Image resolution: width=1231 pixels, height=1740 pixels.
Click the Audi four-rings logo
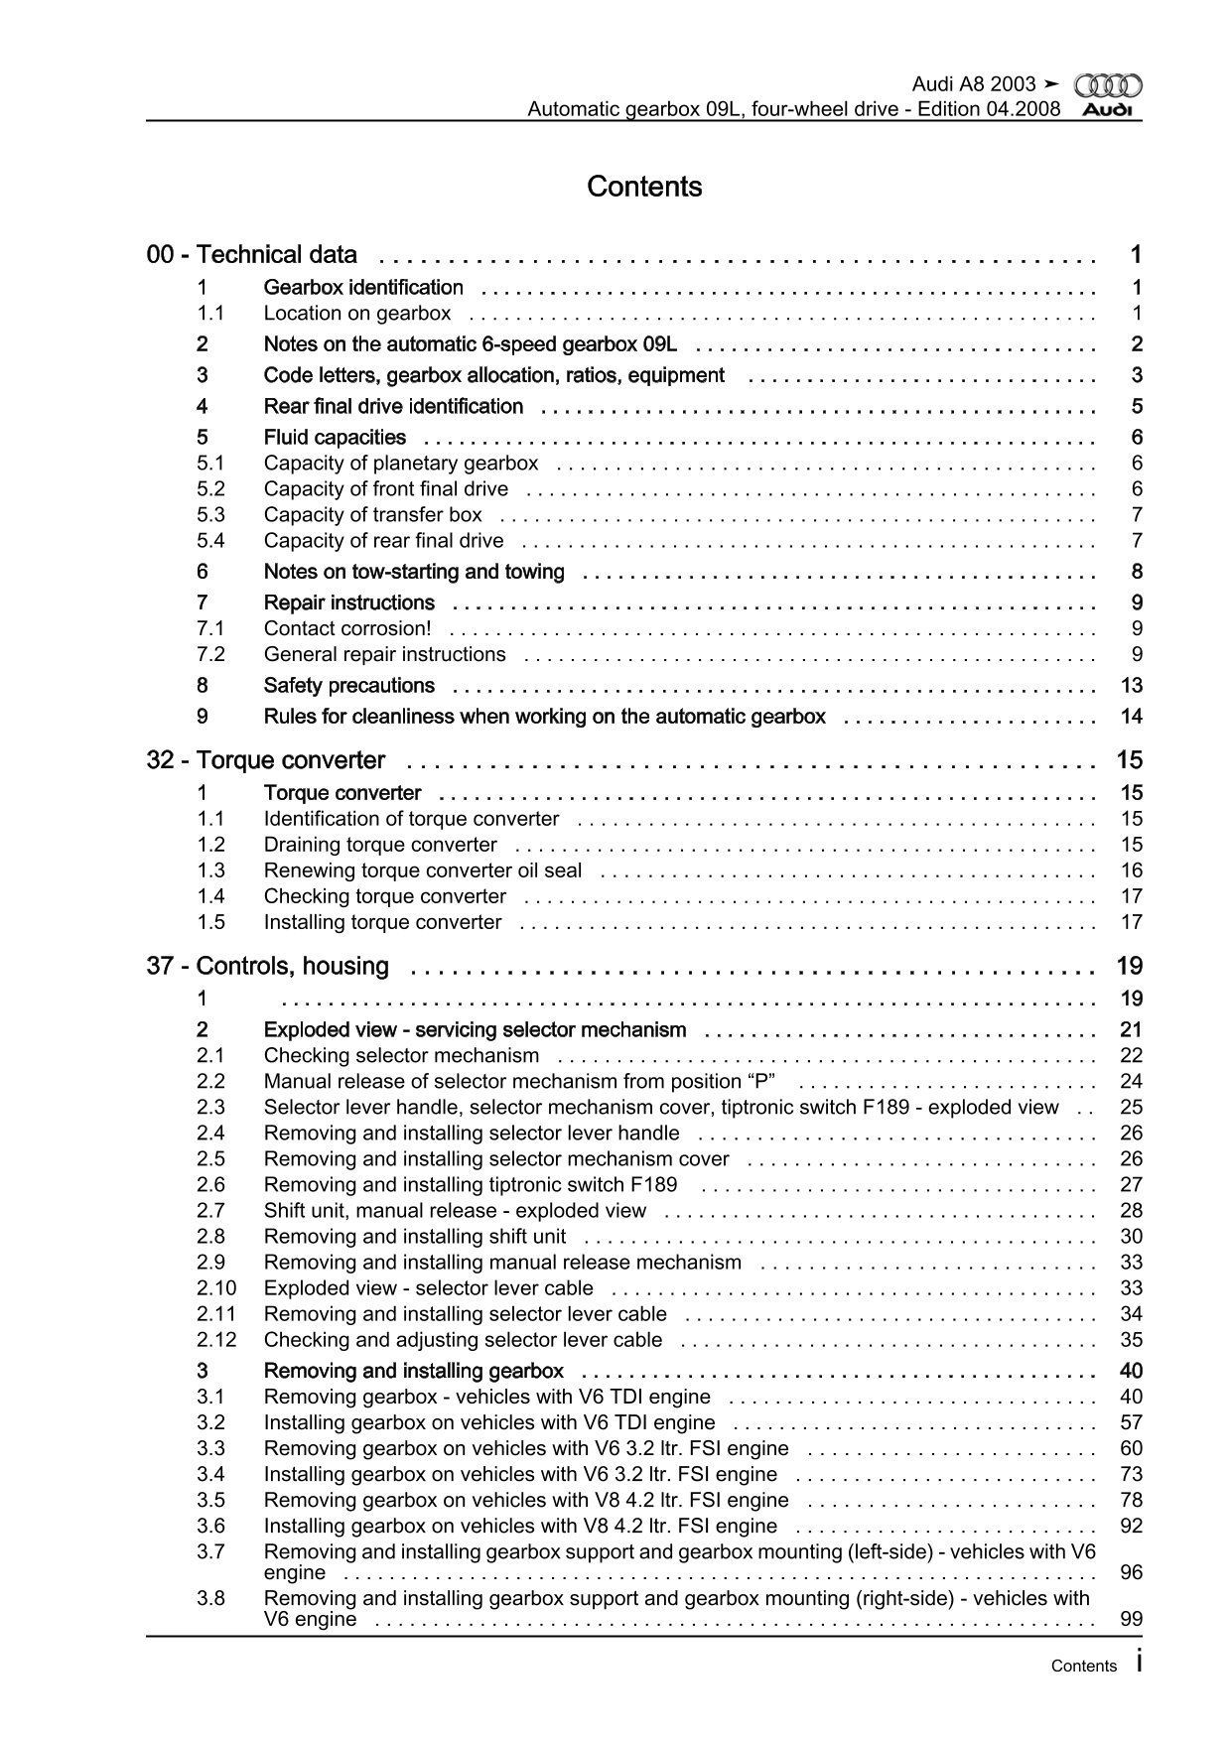click(x=1108, y=86)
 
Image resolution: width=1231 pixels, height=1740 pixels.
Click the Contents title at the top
click(x=644, y=187)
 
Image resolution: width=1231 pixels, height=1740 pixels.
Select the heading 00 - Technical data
click(x=252, y=255)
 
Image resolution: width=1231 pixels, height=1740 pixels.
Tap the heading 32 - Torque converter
click(x=266, y=760)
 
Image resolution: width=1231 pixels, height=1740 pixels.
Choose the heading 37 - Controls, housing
click(x=268, y=966)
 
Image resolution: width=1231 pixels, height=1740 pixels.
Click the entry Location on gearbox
click(x=357, y=314)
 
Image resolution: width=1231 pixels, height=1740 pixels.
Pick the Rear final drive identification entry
click(x=393, y=407)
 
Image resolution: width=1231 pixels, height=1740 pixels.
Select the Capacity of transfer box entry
click(x=372, y=515)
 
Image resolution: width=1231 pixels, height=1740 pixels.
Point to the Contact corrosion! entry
click(x=347, y=628)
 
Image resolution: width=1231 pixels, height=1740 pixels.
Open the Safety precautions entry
click(x=349, y=686)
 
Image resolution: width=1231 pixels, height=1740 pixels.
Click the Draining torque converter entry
click(x=380, y=845)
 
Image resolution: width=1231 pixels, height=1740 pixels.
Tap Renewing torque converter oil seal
click(x=423, y=870)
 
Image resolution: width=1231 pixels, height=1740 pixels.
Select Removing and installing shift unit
click(x=415, y=1237)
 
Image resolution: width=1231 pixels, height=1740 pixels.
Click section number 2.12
click(x=216, y=1340)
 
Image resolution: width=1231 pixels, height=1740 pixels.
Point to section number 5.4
click(x=210, y=541)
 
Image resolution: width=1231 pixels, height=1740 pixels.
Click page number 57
click(x=1131, y=1423)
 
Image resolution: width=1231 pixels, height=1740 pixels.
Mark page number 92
click(x=1131, y=1527)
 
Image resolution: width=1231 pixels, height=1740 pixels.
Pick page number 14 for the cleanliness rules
click(x=1131, y=717)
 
